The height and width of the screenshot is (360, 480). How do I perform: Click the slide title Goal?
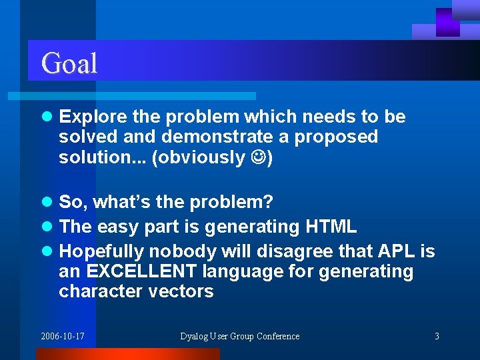[x=69, y=63]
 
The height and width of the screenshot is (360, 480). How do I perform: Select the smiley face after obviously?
[x=258, y=158]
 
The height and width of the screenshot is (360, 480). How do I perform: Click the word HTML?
[x=331, y=227]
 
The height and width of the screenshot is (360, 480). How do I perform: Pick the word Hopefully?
[x=101, y=251]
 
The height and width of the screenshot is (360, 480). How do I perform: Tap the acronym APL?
[x=397, y=251]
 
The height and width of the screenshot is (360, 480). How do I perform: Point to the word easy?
[x=117, y=227]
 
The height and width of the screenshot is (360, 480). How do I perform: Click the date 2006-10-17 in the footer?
[x=63, y=336]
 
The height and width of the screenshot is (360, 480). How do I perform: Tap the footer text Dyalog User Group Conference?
[x=240, y=336]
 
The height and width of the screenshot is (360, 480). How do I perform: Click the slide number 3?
[x=437, y=336]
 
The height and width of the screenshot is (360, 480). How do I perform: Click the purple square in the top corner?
[x=448, y=22]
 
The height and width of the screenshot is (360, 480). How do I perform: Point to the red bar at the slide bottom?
[x=127, y=354]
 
